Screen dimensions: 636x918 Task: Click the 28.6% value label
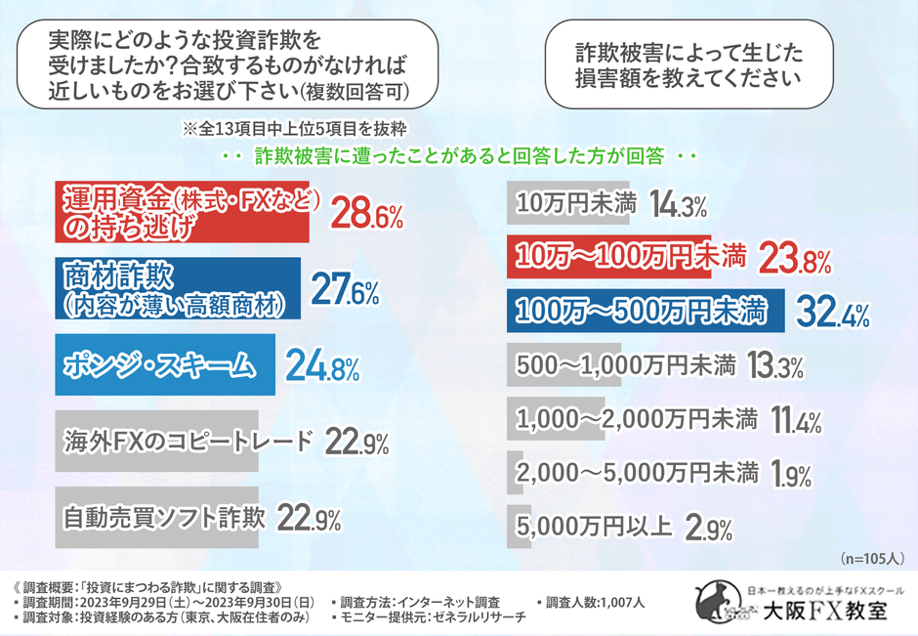367,212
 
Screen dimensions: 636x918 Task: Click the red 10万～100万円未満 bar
626,258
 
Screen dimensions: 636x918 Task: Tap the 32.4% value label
835,313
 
